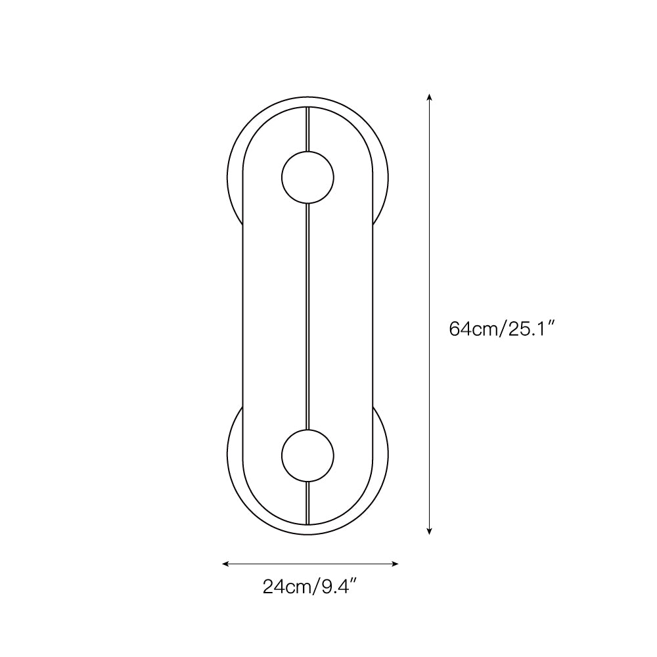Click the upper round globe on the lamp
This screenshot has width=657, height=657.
tap(307, 177)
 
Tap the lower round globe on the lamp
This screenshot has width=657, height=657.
tap(307, 455)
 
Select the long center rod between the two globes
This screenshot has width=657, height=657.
tap(307, 315)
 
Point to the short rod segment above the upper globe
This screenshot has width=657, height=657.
tap(307, 128)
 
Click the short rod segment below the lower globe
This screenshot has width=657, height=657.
tap(307, 503)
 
